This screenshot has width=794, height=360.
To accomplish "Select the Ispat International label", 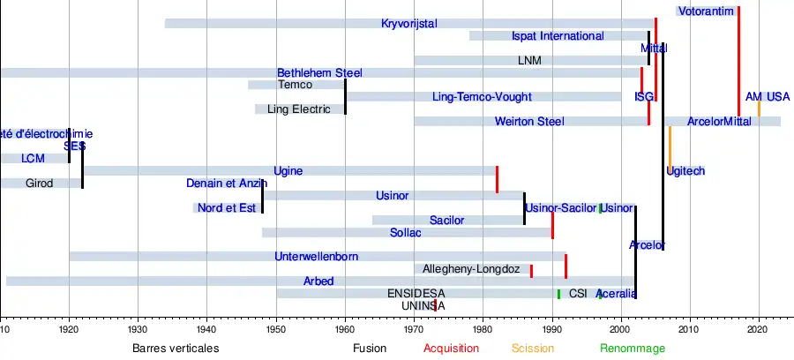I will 558,36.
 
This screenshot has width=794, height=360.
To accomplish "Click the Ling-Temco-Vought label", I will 483,97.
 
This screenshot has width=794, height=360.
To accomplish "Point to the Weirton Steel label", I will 529,122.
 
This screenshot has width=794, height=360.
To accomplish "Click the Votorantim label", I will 707,11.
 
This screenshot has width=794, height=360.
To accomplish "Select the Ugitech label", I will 685,171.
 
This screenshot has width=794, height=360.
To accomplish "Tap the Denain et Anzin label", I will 226,184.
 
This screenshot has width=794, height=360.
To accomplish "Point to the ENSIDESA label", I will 416,294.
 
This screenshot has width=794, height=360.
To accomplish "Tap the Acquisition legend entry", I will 451,349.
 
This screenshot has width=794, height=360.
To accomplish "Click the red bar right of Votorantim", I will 738,60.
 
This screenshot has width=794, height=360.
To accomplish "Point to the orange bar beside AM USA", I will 759,108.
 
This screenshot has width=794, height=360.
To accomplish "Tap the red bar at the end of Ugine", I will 497,178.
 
